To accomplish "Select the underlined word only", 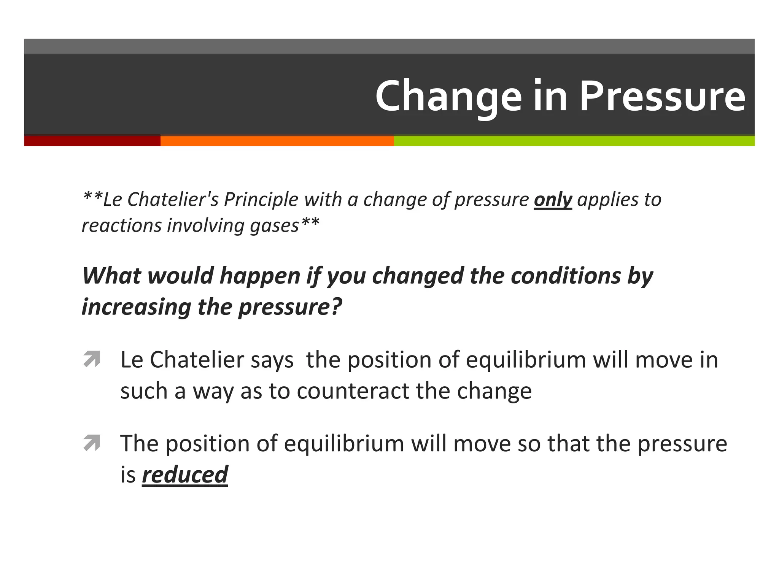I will pos(553,200).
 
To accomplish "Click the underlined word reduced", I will pos(185,474).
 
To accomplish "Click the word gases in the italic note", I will pos(274,225).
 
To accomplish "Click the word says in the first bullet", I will pos(272,360).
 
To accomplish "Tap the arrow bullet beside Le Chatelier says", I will pos(92,359).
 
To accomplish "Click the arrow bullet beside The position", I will pos(92,443).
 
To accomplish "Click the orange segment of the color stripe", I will pos(277,141).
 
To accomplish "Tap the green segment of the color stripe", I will pos(574,141).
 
